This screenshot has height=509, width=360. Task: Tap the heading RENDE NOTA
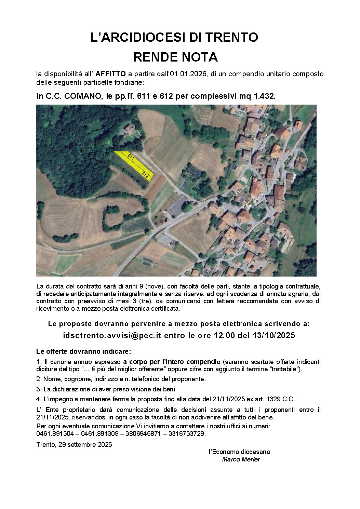(175, 57)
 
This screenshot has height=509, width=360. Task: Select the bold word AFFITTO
(110, 73)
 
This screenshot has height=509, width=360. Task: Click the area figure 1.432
(264, 97)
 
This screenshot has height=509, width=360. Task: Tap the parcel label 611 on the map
(130, 157)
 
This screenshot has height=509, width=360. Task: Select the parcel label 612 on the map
(145, 175)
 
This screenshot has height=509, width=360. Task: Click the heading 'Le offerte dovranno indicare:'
(83, 351)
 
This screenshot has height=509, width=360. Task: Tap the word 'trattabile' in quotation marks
(285, 369)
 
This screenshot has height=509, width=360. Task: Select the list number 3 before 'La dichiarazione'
(38, 389)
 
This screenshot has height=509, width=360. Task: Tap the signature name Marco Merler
(241, 459)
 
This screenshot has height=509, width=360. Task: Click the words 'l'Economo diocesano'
(239, 452)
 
